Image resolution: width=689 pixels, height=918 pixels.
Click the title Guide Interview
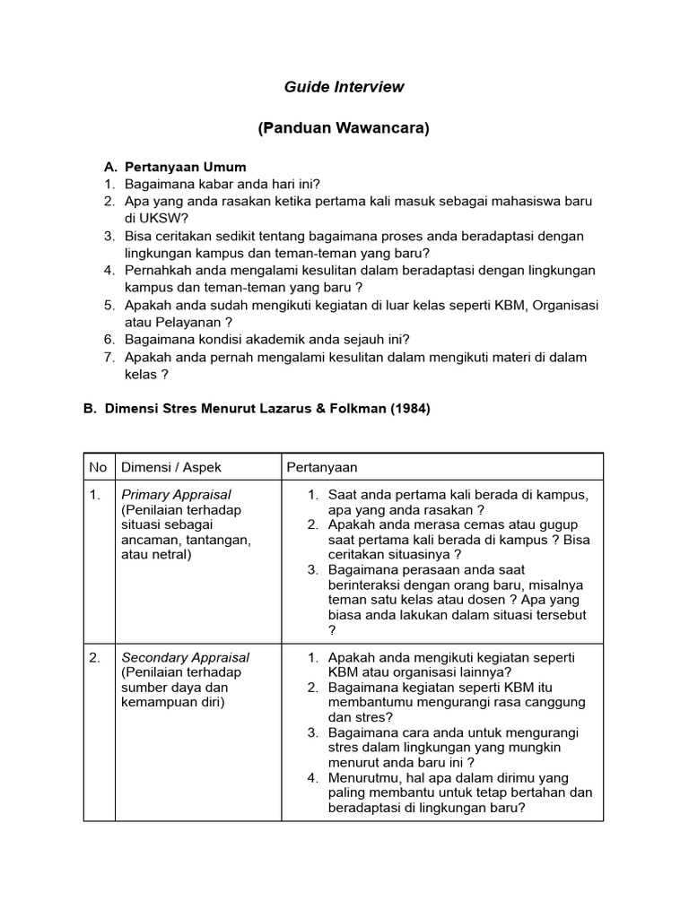pyautogui.click(x=344, y=87)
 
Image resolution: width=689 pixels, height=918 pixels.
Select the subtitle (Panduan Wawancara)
pyautogui.click(x=344, y=128)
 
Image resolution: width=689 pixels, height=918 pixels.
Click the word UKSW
pyautogui.click(x=164, y=218)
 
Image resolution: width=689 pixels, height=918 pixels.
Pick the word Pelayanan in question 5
pyautogui.click(x=190, y=322)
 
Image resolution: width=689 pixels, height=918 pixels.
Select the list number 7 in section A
pyautogui.click(x=109, y=357)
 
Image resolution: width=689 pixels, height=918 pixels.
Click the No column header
pyautogui.click(x=98, y=467)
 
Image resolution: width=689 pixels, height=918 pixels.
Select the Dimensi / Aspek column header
pyautogui.click(x=171, y=467)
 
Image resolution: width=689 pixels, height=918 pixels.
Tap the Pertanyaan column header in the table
pyautogui.click(x=321, y=467)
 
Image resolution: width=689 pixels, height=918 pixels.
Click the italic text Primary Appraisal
pyautogui.click(x=176, y=495)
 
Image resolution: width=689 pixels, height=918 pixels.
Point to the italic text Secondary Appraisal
pyautogui.click(x=185, y=657)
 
